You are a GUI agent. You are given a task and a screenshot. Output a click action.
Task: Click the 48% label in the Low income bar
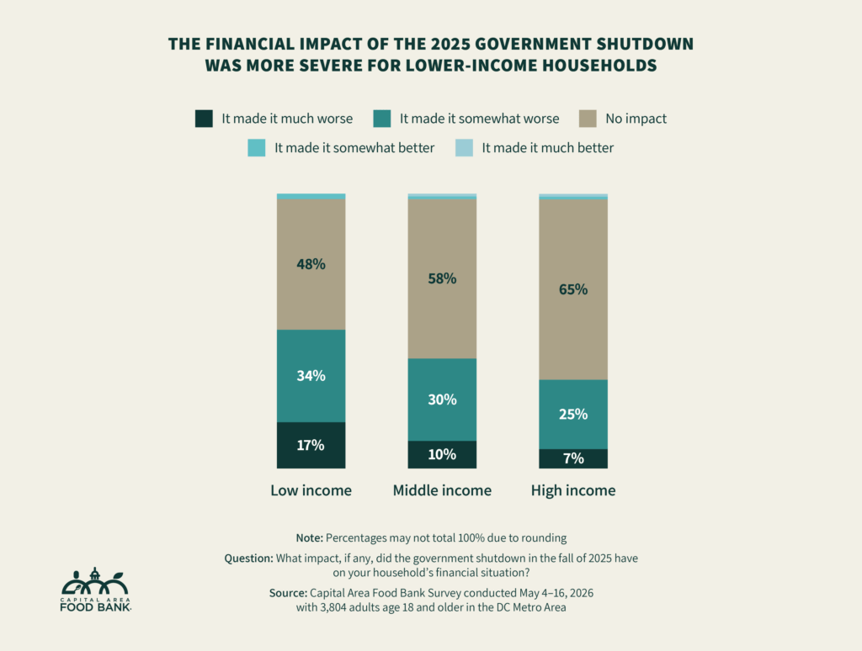tap(311, 264)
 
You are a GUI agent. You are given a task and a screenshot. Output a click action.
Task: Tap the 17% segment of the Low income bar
tap(311, 445)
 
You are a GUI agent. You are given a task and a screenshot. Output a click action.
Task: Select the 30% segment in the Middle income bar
tap(442, 400)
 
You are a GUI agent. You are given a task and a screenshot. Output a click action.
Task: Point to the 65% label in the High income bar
tap(573, 289)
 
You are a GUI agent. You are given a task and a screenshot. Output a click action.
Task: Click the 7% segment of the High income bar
tap(573, 458)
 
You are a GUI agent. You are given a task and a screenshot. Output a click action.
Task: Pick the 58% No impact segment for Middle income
tap(442, 278)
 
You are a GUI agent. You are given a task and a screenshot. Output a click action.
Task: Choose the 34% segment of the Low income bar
tap(311, 376)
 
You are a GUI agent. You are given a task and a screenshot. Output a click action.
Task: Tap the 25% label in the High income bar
tap(573, 414)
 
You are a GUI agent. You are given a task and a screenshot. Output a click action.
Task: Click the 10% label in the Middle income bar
tap(442, 454)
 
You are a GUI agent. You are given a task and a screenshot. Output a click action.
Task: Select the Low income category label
tap(311, 490)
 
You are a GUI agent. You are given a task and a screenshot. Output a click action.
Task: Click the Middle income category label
tap(442, 490)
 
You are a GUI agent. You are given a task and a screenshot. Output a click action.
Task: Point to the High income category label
tap(573, 490)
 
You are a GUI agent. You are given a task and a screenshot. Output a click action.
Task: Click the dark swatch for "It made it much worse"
tap(204, 119)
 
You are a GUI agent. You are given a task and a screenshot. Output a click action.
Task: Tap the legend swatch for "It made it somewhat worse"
tap(382, 119)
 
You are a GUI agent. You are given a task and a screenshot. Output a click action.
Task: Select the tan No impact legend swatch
tap(588, 119)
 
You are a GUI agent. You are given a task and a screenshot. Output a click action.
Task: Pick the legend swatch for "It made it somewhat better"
tap(257, 148)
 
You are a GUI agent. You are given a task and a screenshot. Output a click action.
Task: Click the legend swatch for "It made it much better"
tap(464, 148)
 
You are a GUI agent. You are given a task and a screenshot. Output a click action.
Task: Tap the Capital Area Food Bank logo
tap(96, 590)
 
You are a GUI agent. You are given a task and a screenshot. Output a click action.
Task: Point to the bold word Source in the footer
tap(288, 593)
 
